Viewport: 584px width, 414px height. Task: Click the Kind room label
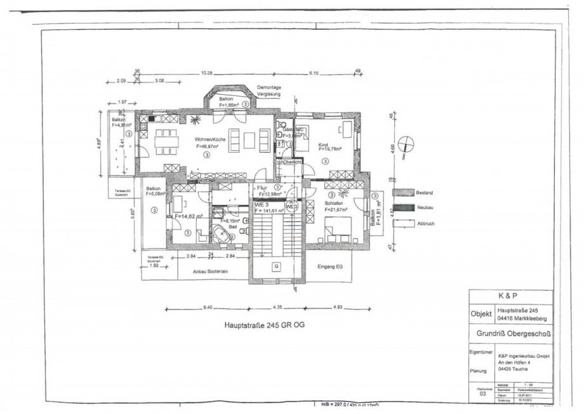[323, 145]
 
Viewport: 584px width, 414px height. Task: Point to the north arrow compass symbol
[407, 141]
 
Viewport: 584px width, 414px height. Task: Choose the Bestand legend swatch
[402, 191]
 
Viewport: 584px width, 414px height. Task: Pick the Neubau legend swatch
[402, 207]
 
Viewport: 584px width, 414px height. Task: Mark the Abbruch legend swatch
[402, 224]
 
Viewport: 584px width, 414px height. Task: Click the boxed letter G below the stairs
[276, 266]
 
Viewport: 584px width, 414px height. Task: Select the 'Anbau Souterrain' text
[210, 270]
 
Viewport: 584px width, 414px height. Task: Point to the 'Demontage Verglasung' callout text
[269, 90]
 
